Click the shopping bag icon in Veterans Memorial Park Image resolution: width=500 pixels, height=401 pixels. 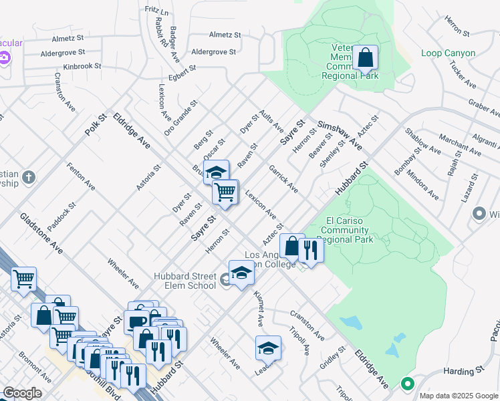point(366,58)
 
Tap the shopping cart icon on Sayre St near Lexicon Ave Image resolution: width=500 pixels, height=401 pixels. point(225,192)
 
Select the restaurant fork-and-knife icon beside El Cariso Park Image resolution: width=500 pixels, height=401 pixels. point(310,249)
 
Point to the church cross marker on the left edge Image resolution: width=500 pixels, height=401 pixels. point(27,177)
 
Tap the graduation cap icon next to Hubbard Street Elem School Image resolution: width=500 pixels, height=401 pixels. point(241,272)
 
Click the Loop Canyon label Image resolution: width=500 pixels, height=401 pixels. point(449,53)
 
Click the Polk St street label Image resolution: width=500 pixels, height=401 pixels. point(96,125)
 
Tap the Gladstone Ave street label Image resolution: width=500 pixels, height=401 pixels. point(41,234)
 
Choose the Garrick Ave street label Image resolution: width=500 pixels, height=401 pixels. point(284,179)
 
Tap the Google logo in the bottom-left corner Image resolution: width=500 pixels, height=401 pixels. point(22,393)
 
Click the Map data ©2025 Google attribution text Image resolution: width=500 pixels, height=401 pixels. point(458,396)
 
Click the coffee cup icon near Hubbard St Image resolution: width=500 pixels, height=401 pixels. point(137,321)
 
